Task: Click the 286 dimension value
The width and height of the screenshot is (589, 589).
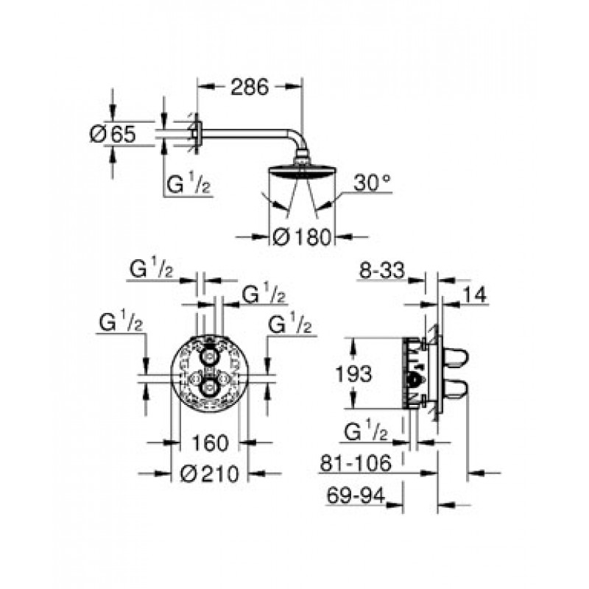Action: click(x=250, y=87)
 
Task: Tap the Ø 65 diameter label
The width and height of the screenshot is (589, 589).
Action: click(x=113, y=134)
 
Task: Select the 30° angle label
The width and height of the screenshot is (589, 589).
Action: click(x=373, y=183)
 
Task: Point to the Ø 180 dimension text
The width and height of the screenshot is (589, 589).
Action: click(x=303, y=237)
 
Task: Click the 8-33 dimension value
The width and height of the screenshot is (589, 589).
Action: click(x=382, y=270)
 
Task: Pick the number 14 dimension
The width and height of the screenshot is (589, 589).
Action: click(x=474, y=295)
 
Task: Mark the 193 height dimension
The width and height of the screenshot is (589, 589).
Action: click(x=353, y=374)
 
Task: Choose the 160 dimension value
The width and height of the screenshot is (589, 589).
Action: click(x=210, y=442)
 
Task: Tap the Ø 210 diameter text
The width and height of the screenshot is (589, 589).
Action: click(x=210, y=473)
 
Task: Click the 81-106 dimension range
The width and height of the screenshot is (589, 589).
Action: click(x=356, y=463)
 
